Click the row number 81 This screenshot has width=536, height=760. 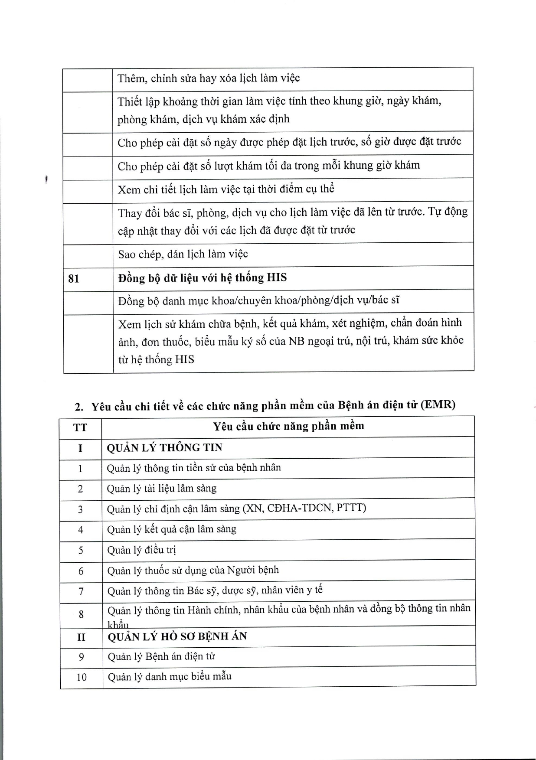click(x=74, y=278)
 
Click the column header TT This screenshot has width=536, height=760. click(x=80, y=427)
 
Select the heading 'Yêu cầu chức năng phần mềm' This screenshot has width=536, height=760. click(x=288, y=426)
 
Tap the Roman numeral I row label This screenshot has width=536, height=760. click(x=80, y=448)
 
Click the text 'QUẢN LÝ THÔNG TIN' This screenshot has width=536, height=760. click(x=164, y=448)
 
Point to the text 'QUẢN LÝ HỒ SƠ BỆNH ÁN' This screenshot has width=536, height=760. click(x=177, y=636)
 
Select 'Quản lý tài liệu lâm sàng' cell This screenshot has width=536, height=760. click(x=162, y=488)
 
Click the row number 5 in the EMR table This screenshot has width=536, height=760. click(x=81, y=551)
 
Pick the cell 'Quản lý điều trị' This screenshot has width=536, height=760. click(x=142, y=550)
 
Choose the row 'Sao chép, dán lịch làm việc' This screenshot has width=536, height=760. click(x=183, y=254)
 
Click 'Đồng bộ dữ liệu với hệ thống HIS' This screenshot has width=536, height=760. click(x=203, y=277)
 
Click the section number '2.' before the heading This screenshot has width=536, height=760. click(x=79, y=407)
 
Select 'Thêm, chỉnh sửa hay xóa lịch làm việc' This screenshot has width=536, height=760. click(x=209, y=78)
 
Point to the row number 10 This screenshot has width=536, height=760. click(x=82, y=677)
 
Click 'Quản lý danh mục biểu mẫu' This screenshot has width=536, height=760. click(x=170, y=676)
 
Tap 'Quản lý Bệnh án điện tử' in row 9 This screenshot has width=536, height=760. click(x=161, y=656)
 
